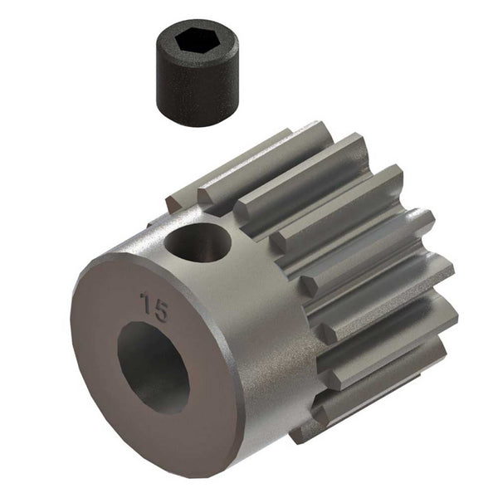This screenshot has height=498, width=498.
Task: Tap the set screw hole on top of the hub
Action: [198, 242]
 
